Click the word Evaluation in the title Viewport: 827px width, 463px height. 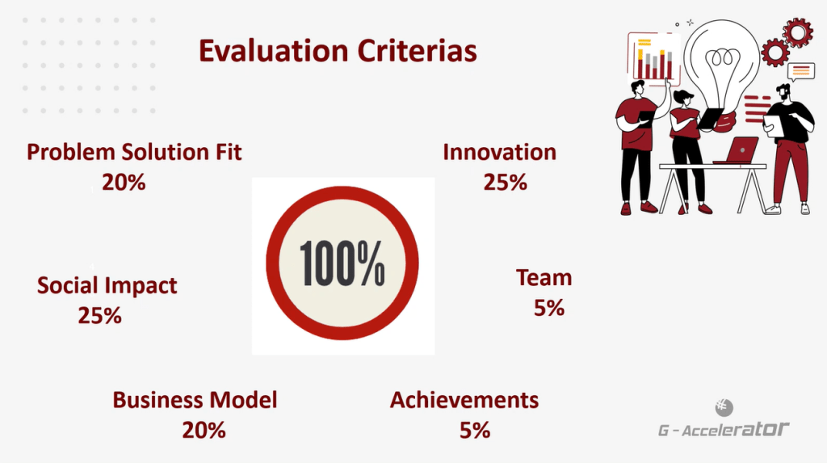(273, 51)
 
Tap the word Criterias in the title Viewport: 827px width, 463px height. (418, 51)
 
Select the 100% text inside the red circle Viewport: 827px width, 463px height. (342, 263)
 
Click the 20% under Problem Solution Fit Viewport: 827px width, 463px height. (124, 182)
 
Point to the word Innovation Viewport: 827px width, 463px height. (499, 152)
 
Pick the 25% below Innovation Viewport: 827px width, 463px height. (506, 182)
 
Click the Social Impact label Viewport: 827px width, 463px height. (107, 285)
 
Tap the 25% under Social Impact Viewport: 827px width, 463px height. (99, 316)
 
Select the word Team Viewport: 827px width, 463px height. (544, 278)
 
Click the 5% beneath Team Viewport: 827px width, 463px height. (549, 308)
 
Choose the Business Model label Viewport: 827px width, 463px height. (195, 400)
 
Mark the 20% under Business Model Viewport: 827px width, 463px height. (204, 430)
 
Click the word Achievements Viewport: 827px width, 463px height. (464, 400)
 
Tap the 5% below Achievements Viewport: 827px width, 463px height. (475, 430)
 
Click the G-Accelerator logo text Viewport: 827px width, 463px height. (724, 429)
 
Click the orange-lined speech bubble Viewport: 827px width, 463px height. (800, 71)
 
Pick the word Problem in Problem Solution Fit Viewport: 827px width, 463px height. (71, 152)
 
